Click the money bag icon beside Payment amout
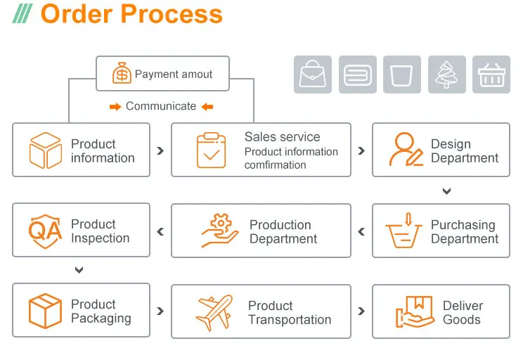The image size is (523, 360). (122, 74)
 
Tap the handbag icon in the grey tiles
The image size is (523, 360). (312, 74)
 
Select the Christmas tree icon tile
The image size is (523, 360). (446, 74)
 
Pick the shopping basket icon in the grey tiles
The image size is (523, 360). (491, 74)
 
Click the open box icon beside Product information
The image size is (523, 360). (45, 150)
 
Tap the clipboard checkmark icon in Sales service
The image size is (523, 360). (211, 150)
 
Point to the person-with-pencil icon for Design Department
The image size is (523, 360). (406, 150)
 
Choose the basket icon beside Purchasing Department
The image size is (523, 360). (406, 231)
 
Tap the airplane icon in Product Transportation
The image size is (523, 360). (214, 311)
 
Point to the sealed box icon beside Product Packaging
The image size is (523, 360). (45, 311)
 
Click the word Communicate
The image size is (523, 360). (161, 106)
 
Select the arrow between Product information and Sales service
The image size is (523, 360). (161, 150)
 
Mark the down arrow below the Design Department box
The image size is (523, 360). (446, 191)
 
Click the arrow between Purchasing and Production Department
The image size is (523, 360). (361, 231)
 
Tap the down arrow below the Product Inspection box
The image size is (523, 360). (79, 270)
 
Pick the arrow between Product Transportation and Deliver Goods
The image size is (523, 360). (361, 311)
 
